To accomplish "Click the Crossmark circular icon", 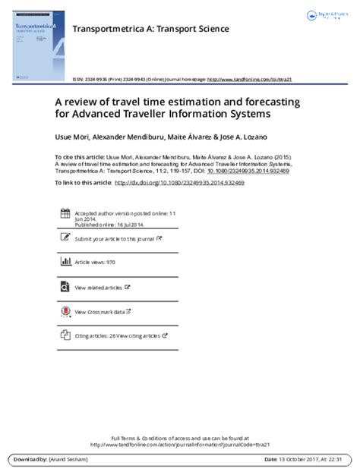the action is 64,311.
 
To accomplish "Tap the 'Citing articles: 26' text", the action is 96,335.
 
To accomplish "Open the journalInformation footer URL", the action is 179,445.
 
